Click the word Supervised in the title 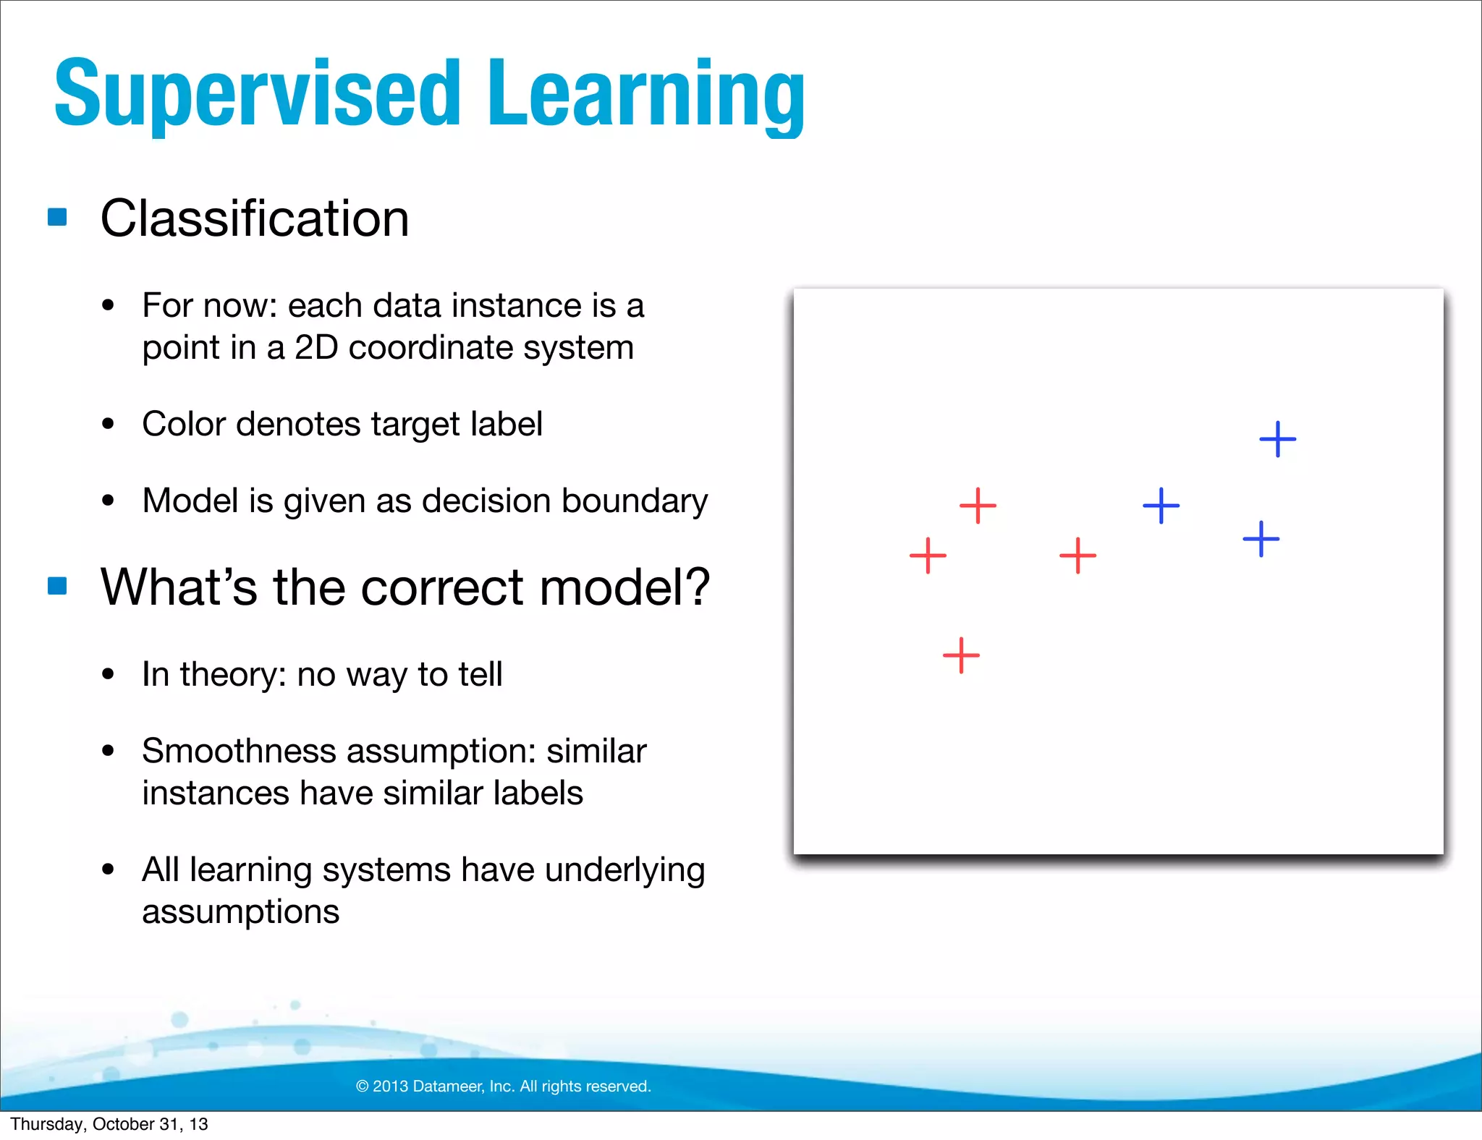[x=257, y=94]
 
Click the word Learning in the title [x=645, y=94]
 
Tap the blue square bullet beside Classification [x=57, y=217]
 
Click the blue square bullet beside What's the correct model [x=57, y=585]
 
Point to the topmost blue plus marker [x=1277, y=439]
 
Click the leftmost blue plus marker [x=1161, y=506]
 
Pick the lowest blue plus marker [x=1261, y=539]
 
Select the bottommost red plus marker [x=961, y=655]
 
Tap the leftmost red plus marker [x=928, y=556]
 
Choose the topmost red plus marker [x=978, y=506]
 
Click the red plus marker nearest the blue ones [x=1077, y=556]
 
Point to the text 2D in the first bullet [x=316, y=348]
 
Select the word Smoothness [x=239, y=751]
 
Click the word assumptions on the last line [x=240, y=911]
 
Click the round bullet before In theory [x=109, y=674]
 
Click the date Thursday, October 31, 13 [x=109, y=1124]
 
